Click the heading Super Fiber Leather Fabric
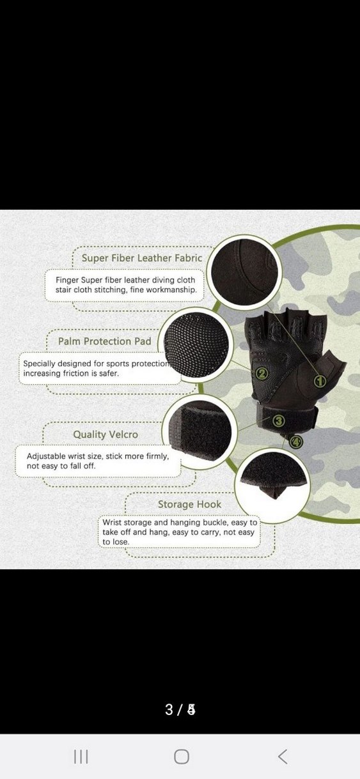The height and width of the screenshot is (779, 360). [142, 258]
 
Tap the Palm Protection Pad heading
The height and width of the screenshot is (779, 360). [104, 341]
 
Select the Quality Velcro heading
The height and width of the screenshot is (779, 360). [106, 435]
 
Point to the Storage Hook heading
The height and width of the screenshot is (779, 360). [189, 504]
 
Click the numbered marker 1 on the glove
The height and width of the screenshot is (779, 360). [320, 382]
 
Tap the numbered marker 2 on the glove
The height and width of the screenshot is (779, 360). [262, 374]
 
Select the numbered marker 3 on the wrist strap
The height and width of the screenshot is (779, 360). [278, 421]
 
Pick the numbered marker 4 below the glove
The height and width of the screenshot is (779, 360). [296, 442]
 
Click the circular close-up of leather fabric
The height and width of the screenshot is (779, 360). [244, 272]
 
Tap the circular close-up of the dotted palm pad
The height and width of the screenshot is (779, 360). [196, 344]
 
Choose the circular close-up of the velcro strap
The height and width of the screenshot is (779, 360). [200, 431]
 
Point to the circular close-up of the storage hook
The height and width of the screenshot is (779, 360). [272, 486]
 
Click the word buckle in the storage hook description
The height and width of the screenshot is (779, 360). [215, 522]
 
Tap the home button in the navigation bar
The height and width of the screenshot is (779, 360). [182, 757]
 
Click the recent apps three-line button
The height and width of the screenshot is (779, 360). [81, 757]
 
